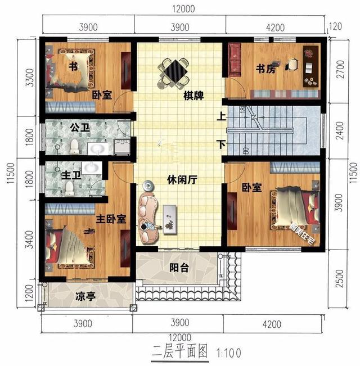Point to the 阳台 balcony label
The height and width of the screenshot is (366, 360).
click(x=179, y=268)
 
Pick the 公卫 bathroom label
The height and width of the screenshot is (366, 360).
click(x=80, y=128)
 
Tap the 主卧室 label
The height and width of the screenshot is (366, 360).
click(x=110, y=219)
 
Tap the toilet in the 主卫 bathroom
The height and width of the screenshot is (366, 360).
click(x=69, y=187)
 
